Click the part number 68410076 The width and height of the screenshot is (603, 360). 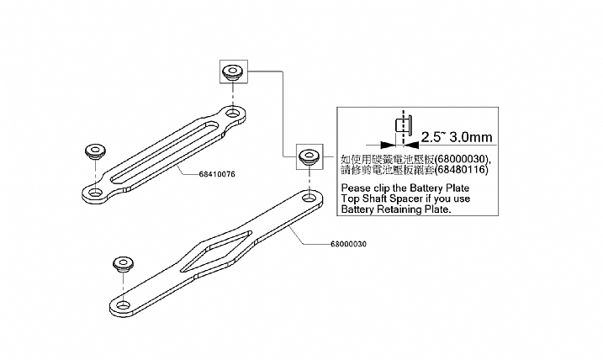[x=217, y=174]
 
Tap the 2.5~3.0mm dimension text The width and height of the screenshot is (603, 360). [x=456, y=136]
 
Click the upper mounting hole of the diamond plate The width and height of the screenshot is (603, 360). [x=311, y=197]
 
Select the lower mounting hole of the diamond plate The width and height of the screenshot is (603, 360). [x=124, y=304]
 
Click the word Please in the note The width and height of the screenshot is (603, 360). [x=357, y=187]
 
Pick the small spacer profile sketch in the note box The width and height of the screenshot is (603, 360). [x=402, y=125]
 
